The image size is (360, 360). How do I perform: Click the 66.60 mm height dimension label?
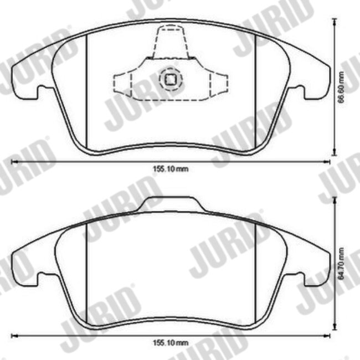pyautogui.click(x=341, y=88)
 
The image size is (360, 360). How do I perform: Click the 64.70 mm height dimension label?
pyautogui.click(x=341, y=263)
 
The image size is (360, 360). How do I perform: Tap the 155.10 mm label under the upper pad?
pyautogui.click(x=171, y=169)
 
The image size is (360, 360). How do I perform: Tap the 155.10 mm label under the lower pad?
pyautogui.click(x=171, y=343)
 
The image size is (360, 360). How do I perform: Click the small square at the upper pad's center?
pyautogui.click(x=171, y=79)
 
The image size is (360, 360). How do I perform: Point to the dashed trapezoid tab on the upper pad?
pyautogui.click(x=171, y=42)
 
